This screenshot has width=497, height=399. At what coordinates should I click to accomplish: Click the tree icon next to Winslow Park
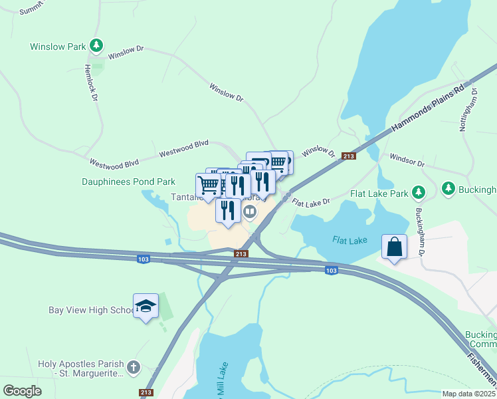[x=97, y=46]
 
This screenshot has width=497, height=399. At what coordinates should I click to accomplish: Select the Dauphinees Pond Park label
[x=128, y=181]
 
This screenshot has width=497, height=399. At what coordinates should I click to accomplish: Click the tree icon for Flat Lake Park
[x=418, y=193]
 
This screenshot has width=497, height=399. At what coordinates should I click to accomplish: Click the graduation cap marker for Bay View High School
[x=146, y=306]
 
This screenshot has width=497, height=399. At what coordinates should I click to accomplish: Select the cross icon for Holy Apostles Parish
[x=133, y=366]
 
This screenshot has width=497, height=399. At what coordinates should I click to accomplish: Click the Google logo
[x=23, y=390]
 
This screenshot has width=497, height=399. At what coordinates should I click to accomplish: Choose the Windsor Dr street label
[x=407, y=162]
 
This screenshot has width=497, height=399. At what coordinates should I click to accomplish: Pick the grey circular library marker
[x=250, y=211]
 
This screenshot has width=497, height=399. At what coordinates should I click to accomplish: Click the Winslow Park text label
[x=58, y=47]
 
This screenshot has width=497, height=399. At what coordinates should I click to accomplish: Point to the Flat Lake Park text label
[x=379, y=194]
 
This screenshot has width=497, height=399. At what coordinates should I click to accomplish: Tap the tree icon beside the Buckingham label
[x=448, y=190]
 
